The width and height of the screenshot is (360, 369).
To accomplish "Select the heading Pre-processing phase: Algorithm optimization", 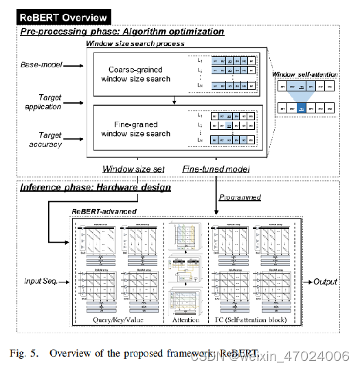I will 122,31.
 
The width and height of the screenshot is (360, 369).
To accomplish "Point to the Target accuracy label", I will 45,140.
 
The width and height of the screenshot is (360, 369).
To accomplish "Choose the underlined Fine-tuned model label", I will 216,168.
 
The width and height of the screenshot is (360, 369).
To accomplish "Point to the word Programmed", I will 240,197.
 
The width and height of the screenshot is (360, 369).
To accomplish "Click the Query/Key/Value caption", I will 117,320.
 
